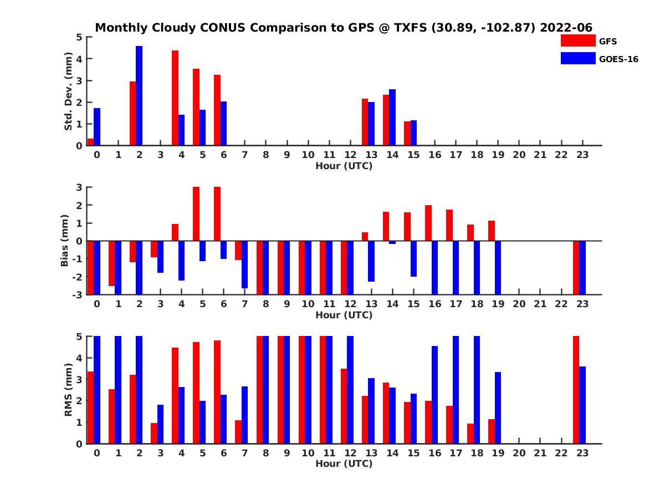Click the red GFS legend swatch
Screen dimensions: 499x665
pyautogui.click(x=577, y=40)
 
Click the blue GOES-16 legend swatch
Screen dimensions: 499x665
pyautogui.click(x=577, y=58)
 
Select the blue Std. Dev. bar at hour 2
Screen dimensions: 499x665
pyautogui.click(x=139, y=95)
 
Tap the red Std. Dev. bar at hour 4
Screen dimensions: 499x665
pyautogui.click(x=175, y=98)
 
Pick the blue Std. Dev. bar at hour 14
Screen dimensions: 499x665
pyautogui.click(x=392, y=117)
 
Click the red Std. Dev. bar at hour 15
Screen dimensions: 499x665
pyautogui.click(x=407, y=133)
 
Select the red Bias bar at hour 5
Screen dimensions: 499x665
pyautogui.click(x=196, y=214)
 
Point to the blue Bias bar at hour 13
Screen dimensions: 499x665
pyautogui.click(x=371, y=261)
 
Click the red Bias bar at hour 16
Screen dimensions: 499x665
pyautogui.click(x=428, y=223)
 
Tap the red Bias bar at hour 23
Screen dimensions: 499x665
pyautogui.click(x=576, y=267)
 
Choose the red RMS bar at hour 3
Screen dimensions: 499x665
pyautogui.click(x=154, y=433)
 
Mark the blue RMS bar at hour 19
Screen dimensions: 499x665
pyautogui.click(x=498, y=408)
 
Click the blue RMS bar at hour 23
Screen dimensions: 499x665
pyautogui.click(x=582, y=405)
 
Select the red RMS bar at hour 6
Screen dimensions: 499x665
pyautogui.click(x=217, y=391)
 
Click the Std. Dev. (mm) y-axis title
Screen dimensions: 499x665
pyautogui.click(x=68, y=91)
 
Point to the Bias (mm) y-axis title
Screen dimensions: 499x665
pyautogui.click(x=65, y=240)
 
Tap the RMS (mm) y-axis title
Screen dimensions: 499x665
pyautogui.click(x=68, y=390)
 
